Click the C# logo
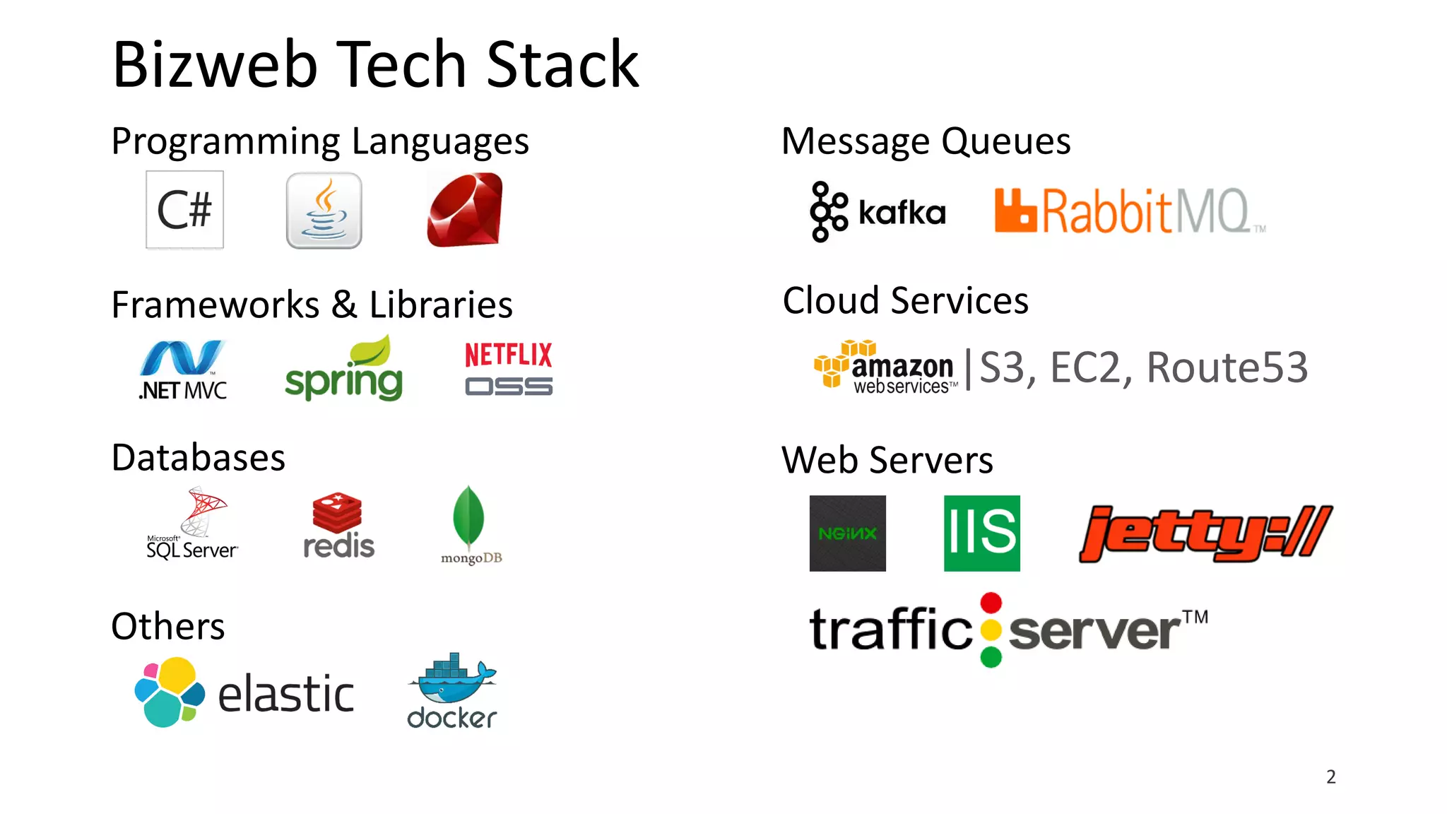pos(184,210)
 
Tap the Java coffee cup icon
pos(324,211)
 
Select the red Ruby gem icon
pos(464,210)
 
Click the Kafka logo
pos(878,211)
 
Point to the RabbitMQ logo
pos(1128,211)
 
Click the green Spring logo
pos(344,370)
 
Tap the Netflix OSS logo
pos(509,369)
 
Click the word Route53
pos(1227,367)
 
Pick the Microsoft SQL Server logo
pos(192,524)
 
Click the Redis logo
pos(338,526)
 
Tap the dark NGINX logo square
pos(847,533)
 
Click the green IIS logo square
pos(981,533)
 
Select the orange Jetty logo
pos(1205,533)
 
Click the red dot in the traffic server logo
pos(991,603)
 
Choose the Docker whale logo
pos(452,690)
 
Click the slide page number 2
pos(1331,777)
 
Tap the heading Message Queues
pos(926,141)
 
